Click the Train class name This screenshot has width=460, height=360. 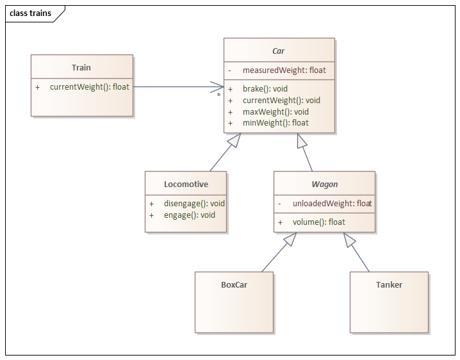[81, 67]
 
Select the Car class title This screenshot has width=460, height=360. [278, 51]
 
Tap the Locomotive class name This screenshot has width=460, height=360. [186, 184]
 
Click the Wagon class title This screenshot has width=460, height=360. [324, 184]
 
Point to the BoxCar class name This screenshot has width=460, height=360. [234, 284]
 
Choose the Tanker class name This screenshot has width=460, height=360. [389, 284]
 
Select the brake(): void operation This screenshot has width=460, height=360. [265, 89]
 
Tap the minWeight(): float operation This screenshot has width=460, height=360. [275, 122]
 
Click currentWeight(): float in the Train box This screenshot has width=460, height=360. [90, 86]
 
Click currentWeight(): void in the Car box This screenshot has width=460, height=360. [281, 100]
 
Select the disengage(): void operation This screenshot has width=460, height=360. [194, 203]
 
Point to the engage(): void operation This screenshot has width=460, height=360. [190, 215]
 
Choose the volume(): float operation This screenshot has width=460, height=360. [318, 222]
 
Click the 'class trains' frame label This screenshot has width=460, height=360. [31, 13]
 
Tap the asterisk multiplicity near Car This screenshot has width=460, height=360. [218, 95]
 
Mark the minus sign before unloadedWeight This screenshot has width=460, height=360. [279, 203]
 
